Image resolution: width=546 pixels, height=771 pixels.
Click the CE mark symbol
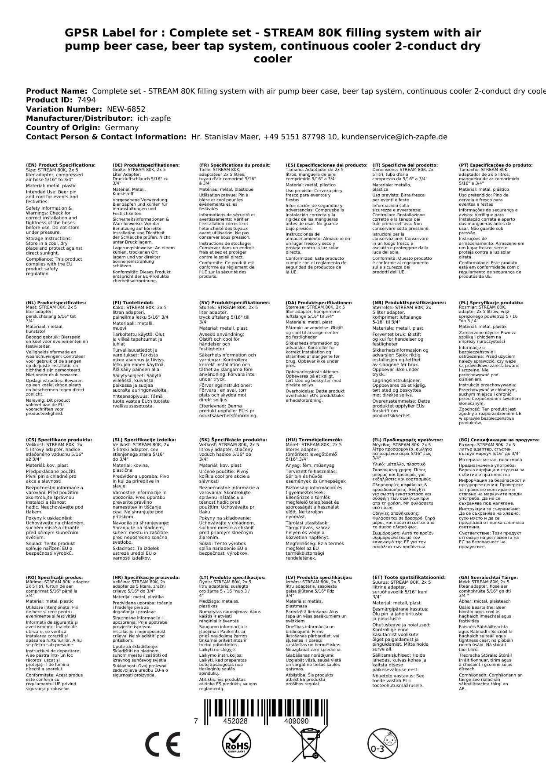pyautogui.click(x=162, y=745)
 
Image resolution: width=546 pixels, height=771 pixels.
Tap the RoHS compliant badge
pyautogui.click(x=236, y=745)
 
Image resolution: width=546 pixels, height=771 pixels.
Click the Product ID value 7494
pyautogui.click(x=86, y=100)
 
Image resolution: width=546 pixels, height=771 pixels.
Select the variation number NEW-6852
pyautogui.click(x=126, y=109)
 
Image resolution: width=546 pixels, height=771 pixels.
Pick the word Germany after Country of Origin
pyautogui.click(x=121, y=128)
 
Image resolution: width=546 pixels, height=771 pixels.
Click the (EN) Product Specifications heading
pyautogui.click(x=61, y=165)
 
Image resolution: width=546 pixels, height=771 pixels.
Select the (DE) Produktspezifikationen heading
pyautogui.click(x=146, y=165)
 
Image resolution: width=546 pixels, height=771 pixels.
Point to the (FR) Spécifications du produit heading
pyautogui.click(x=235, y=165)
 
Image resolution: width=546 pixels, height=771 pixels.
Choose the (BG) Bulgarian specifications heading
pyautogui.click(x=499, y=440)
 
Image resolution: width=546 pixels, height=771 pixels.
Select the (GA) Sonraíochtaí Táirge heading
pyautogui.click(x=482, y=578)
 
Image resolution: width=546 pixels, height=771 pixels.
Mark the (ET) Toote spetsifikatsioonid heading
pyautogui.click(x=409, y=578)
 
